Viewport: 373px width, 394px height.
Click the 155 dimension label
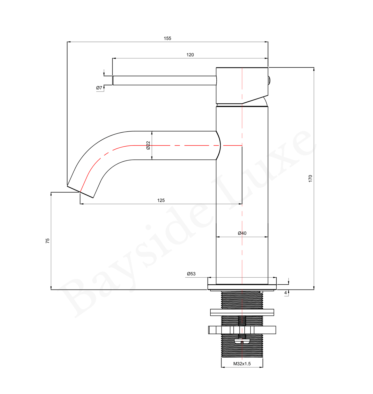(x=167, y=38)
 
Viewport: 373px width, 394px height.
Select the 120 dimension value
(x=190, y=55)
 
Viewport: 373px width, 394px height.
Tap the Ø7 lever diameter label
(x=99, y=88)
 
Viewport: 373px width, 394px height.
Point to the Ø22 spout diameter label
(x=148, y=145)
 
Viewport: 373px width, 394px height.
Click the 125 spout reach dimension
(x=161, y=200)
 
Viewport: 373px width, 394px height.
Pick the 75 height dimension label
(x=47, y=241)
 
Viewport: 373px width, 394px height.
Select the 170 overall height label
(x=310, y=178)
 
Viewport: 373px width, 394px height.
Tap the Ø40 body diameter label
(x=242, y=233)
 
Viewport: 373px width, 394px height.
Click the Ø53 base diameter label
(x=191, y=274)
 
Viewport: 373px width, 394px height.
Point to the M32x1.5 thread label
(x=242, y=364)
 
